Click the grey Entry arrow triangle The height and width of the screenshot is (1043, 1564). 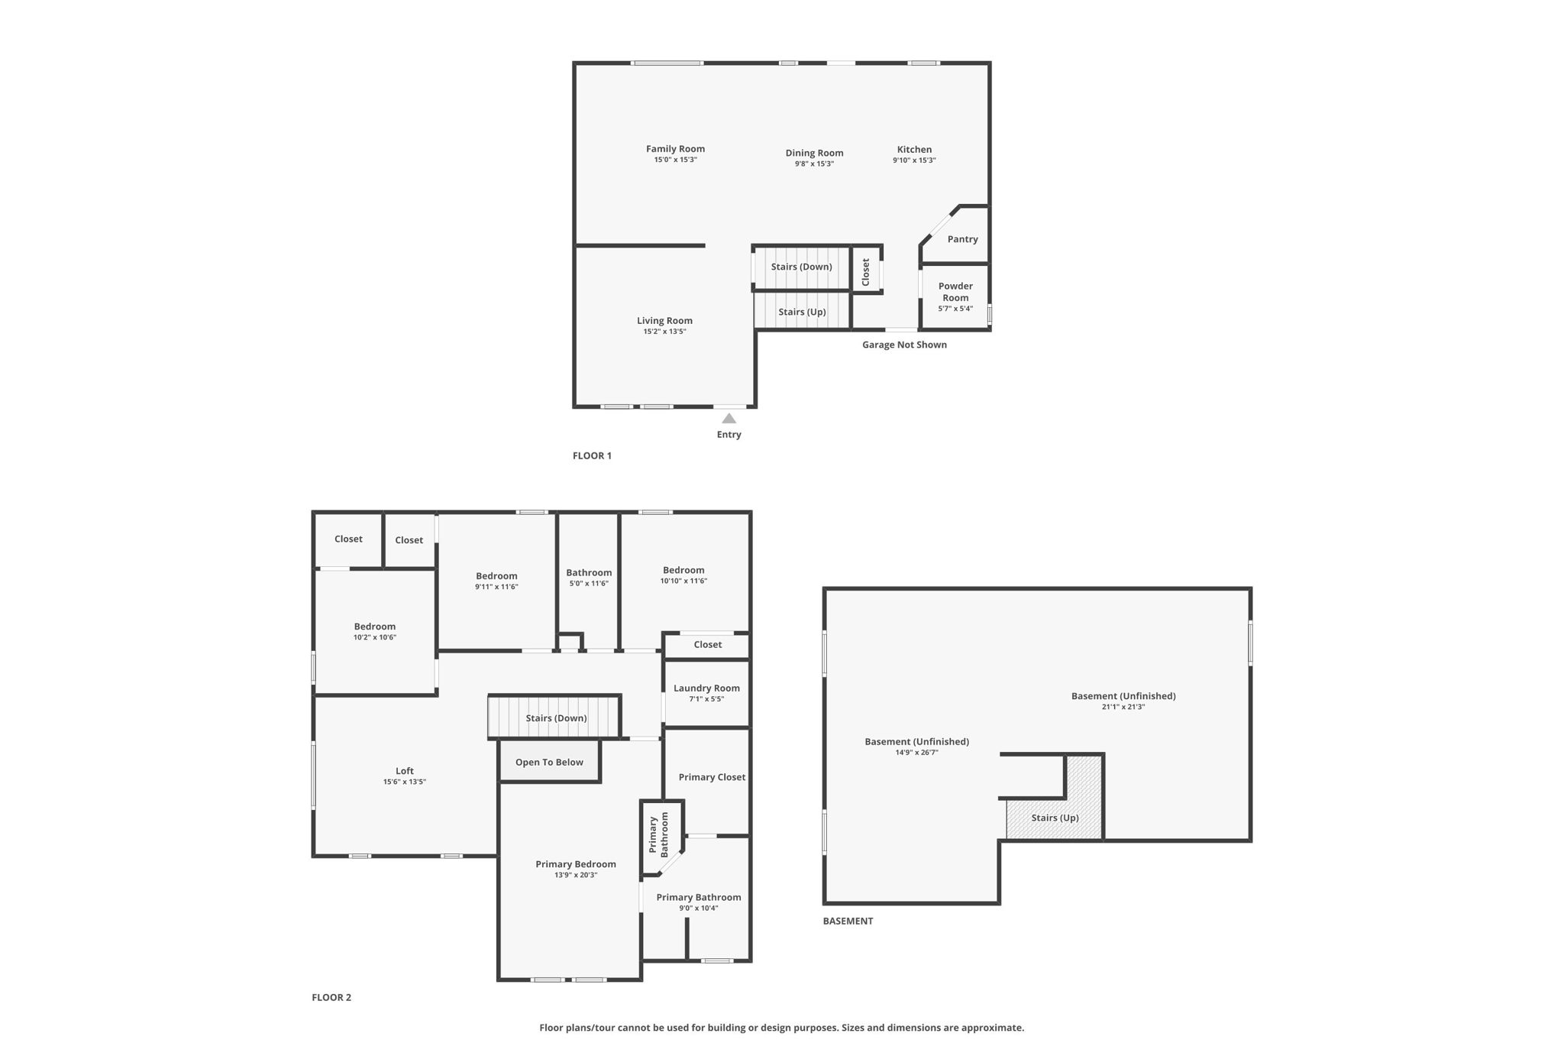(729, 418)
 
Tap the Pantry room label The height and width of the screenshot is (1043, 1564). (962, 239)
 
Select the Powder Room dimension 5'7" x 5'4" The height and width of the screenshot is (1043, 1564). (955, 309)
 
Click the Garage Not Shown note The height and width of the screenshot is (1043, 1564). (904, 345)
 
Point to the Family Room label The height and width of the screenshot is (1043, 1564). (675, 149)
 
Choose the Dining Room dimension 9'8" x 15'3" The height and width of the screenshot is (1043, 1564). (814, 164)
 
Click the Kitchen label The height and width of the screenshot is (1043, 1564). (914, 150)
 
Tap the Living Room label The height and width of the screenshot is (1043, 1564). (664, 321)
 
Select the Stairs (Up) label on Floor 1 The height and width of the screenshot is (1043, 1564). (802, 312)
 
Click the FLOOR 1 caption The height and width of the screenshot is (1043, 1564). (592, 455)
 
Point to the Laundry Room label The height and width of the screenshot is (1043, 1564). (706, 688)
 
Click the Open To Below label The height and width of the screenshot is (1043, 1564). (549, 762)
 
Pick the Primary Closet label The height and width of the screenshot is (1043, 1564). (712, 777)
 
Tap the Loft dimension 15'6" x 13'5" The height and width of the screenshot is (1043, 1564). (405, 782)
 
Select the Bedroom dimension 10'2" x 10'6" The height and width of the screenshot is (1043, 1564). (374, 637)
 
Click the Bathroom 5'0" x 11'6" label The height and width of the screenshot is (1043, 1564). (589, 573)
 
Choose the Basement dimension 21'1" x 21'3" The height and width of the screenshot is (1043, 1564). (1123, 707)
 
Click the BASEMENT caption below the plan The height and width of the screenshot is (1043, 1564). (848, 921)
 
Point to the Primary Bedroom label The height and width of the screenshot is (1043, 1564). (575, 864)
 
